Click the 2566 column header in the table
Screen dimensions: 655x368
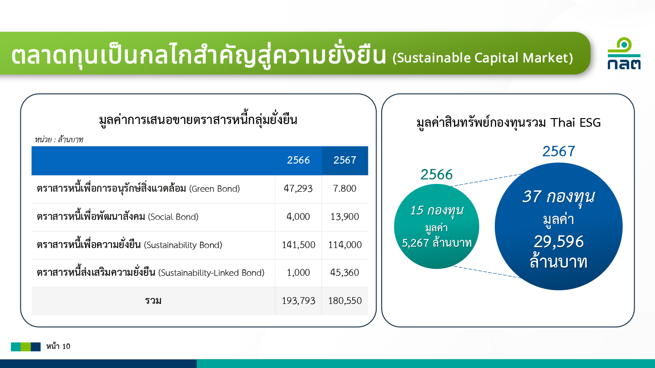pos(298,160)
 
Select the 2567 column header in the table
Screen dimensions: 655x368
pos(345,160)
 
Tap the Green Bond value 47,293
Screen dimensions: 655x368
pos(298,189)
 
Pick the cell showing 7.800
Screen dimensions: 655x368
pos(344,189)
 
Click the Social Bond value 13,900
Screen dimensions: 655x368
pos(344,216)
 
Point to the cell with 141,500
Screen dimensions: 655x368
pos(298,244)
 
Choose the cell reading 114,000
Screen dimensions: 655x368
pos(345,244)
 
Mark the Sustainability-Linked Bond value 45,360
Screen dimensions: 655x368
pos(344,272)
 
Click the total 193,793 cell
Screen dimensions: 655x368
pos(298,301)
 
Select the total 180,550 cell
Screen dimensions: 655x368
pos(345,301)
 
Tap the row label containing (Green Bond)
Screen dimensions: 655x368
pos(138,189)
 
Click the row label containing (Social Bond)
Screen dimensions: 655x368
pos(117,216)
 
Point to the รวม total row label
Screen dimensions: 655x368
pos(153,301)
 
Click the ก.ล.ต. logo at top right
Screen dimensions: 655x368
pos(624,53)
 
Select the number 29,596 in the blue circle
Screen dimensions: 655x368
pos(559,242)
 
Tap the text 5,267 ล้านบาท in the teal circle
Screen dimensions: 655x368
pos(437,243)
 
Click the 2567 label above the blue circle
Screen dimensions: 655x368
pos(559,151)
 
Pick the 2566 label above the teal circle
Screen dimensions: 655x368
pos(436,174)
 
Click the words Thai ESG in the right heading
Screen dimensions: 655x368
pos(575,122)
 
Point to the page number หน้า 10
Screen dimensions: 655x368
pos(58,346)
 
